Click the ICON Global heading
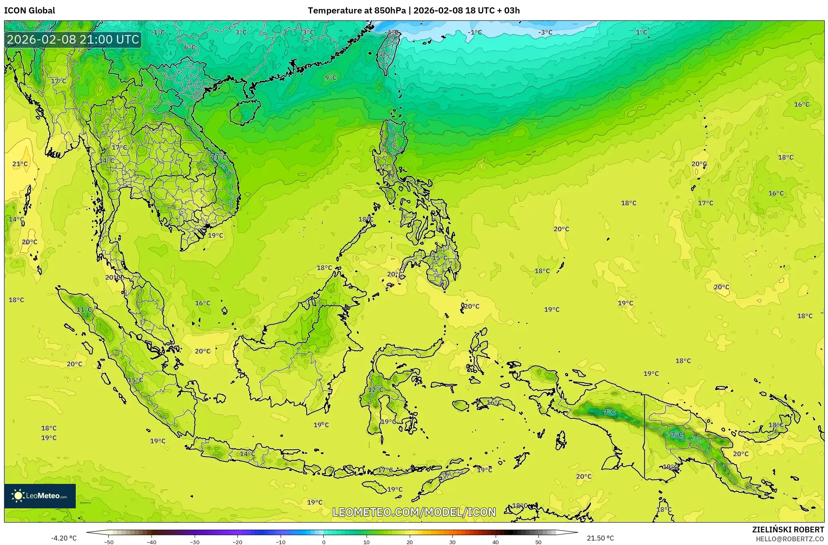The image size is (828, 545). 29,11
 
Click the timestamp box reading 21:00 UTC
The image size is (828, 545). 73,40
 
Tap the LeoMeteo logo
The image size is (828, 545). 40,496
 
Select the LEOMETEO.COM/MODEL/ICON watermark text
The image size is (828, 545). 414,512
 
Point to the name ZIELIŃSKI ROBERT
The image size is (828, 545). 788,530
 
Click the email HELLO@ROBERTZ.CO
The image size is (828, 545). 789,539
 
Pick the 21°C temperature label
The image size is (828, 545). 20,164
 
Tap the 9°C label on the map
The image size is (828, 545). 331,77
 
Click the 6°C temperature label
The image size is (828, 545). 190,47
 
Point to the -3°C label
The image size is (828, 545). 545,32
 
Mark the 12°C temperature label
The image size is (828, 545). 376,389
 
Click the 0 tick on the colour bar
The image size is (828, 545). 324,542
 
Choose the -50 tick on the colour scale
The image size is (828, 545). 109,542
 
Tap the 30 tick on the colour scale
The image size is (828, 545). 452,542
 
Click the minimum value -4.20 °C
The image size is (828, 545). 64,538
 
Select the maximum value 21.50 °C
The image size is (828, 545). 600,538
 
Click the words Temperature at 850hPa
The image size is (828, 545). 356,11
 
